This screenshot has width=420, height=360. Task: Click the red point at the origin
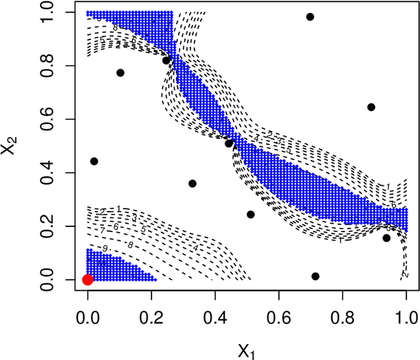point(87,279)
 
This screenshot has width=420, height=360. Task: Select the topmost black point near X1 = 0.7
point(310,17)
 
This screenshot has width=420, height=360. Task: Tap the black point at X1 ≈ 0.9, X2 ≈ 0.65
point(371,107)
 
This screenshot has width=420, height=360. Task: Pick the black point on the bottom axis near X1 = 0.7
point(315,276)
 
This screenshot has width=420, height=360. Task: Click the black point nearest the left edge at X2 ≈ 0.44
point(94,161)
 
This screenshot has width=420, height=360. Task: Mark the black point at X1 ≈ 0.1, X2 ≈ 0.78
point(120,73)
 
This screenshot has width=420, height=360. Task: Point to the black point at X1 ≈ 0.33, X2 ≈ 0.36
point(192,184)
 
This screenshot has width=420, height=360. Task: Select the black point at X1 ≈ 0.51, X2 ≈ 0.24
point(251,214)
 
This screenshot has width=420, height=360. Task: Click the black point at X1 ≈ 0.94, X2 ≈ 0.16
point(387,238)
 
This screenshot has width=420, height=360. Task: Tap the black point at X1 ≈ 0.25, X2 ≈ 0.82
point(167,60)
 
